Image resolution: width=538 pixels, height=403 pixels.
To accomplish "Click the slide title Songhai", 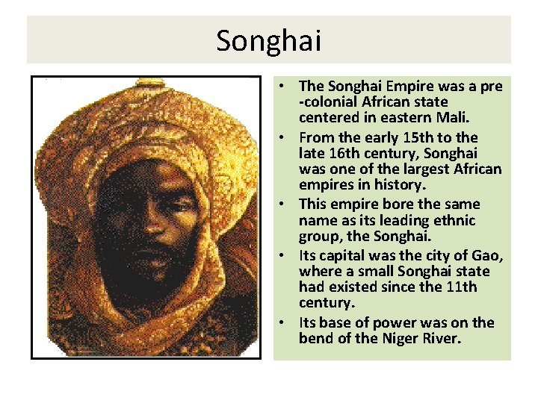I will [x=268, y=40].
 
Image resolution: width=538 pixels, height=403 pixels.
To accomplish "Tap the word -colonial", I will [x=334, y=101].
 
